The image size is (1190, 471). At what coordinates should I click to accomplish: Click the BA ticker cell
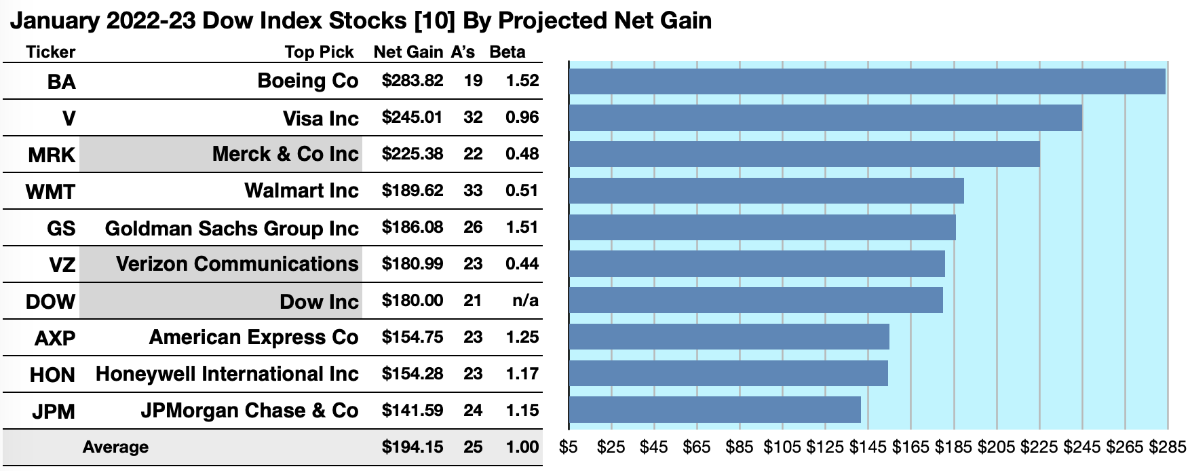pyautogui.click(x=61, y=82)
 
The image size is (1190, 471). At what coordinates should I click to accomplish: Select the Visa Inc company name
pyautogui.click(x=320, y=119)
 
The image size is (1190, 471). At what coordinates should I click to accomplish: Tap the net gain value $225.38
pyautogui.click(x=412, y=154)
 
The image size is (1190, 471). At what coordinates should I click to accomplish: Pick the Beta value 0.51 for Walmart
pyautogui.click(x=522, y=191)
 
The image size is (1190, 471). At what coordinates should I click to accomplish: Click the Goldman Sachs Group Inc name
pyautogui.click(x=231, y=229)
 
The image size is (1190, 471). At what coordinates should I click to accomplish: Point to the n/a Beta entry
pyautogui.click(x=525, y=301)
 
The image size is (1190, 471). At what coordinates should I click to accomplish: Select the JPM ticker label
pyautogui.click(x=53, y=411)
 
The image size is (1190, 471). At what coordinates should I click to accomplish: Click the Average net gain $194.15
pyautogui.click(x=412, y=447)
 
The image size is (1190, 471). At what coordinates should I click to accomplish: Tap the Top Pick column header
pyautogui.click(x=319, y=52)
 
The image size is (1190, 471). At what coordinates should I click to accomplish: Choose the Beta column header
pyautogui.click(x=507, y=52)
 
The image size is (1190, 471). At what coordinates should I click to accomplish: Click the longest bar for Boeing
pyautogui.click(x=866, y=81)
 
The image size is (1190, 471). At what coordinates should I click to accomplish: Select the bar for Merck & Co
pyautogui.click(x=804, y=154)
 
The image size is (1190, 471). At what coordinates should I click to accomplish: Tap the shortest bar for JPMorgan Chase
pyautogui.click(x=714, y=410)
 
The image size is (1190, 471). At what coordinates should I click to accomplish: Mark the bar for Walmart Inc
pyautogui.click(x=766, y=191)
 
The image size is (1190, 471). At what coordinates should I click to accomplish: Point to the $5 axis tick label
pyautogui.click(x=569, y=447)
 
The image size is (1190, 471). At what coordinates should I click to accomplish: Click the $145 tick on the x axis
pyautogui.click(x=868, y=447)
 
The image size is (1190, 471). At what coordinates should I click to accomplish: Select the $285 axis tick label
pyautogui.click(x=1167, y=447)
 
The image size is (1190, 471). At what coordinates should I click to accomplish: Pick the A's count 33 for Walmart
pyautogui.click(x=473, y=191)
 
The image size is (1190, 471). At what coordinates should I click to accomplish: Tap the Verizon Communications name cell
pyautogui.click(x=237, y=264)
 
